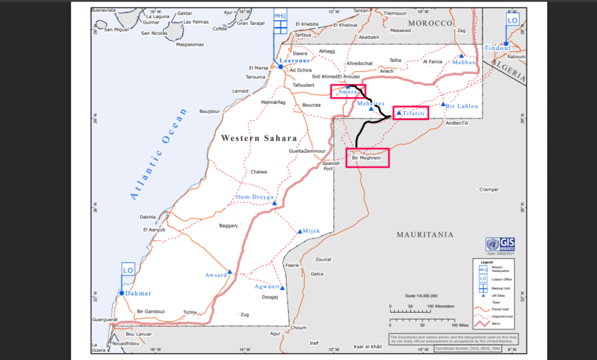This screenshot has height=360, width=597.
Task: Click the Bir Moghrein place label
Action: [x=367, y=157]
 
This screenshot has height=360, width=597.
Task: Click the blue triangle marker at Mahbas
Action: [x=461, y=56]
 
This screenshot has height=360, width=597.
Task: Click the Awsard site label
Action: [x=215, y=275]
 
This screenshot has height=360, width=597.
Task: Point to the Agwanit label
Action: [x=267, y=286]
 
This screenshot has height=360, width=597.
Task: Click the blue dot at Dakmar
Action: [x=121, y=293]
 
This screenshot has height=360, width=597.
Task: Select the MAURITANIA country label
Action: [x=425, y=234]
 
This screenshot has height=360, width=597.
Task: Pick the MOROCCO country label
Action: [x=430, y=23]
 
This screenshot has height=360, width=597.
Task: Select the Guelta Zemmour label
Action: [x=306, y=151]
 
